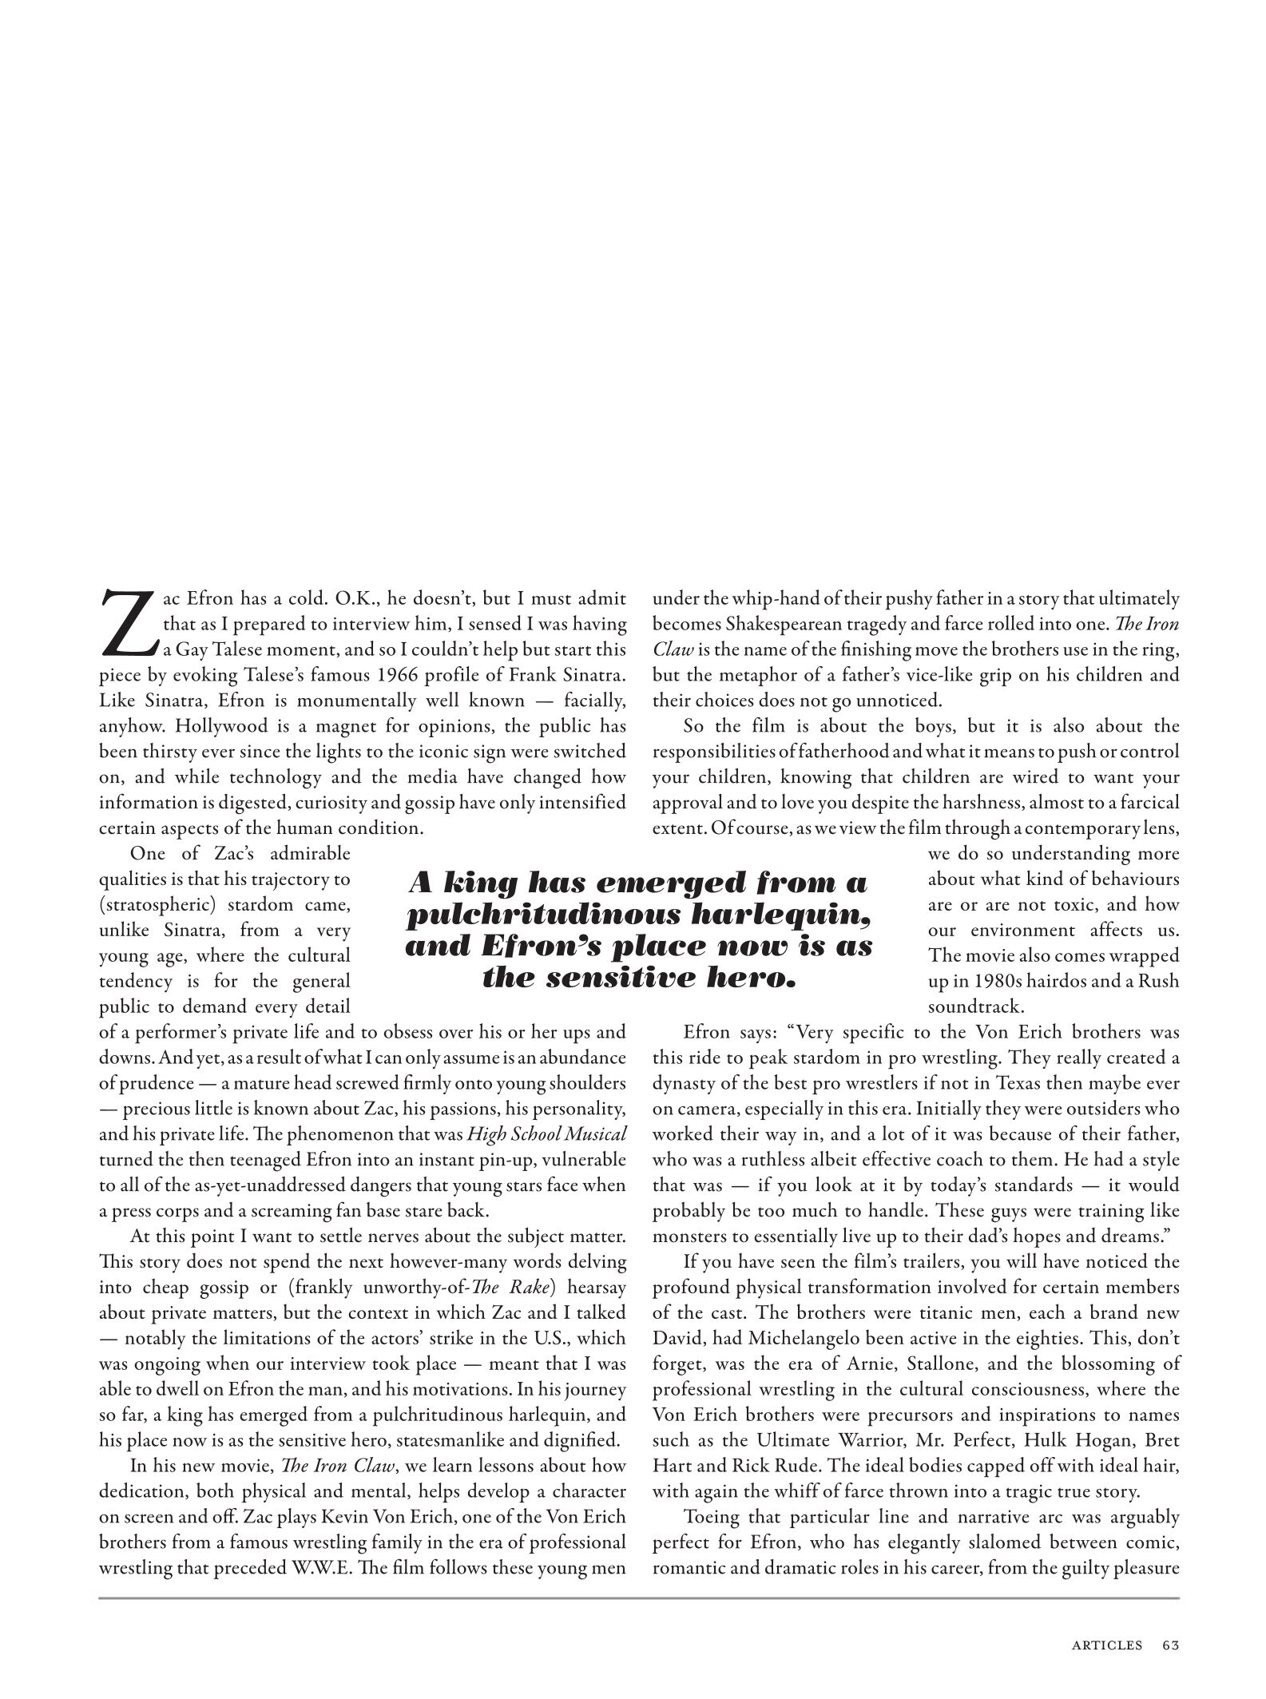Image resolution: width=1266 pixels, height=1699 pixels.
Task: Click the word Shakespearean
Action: click(x=768, y=624)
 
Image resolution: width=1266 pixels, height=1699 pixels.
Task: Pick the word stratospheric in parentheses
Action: click(x=158, y=904)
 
